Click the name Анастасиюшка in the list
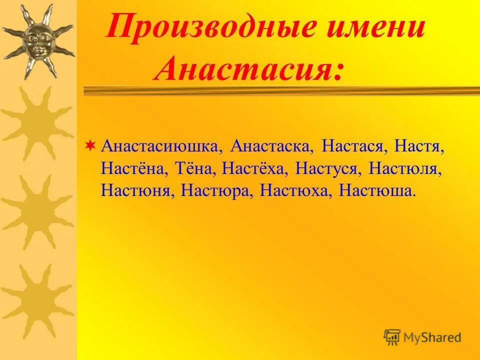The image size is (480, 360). pyautogui.click(x=160, y=147)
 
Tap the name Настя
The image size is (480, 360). pyautogui.click(x=419, y=147)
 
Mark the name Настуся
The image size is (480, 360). pyautogui.click(x=328, y=169)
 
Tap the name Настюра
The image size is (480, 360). pyautogui.click(x=215, y=190)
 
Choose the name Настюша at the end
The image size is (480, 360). pyautogui.click(x=376, y=190)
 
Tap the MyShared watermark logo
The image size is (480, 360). pyautogui.click(x=422, y=337)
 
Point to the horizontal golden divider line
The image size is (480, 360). pyautogui.click(x=280, y=90)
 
